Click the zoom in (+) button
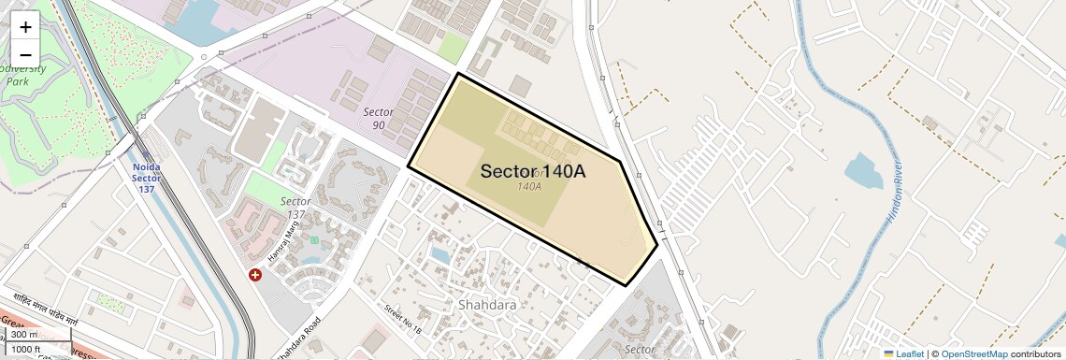(25, 27)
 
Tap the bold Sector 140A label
(533, 171)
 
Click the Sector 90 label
(378, 118)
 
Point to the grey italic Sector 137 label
(295, 208)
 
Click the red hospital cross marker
(255, 275)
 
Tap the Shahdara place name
(487, 305)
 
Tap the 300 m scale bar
(25, 334)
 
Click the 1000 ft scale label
(26, 349)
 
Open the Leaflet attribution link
(903, 353)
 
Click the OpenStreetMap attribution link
(973, 353)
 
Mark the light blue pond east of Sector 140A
(861, 171)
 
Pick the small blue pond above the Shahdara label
(439, 253)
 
